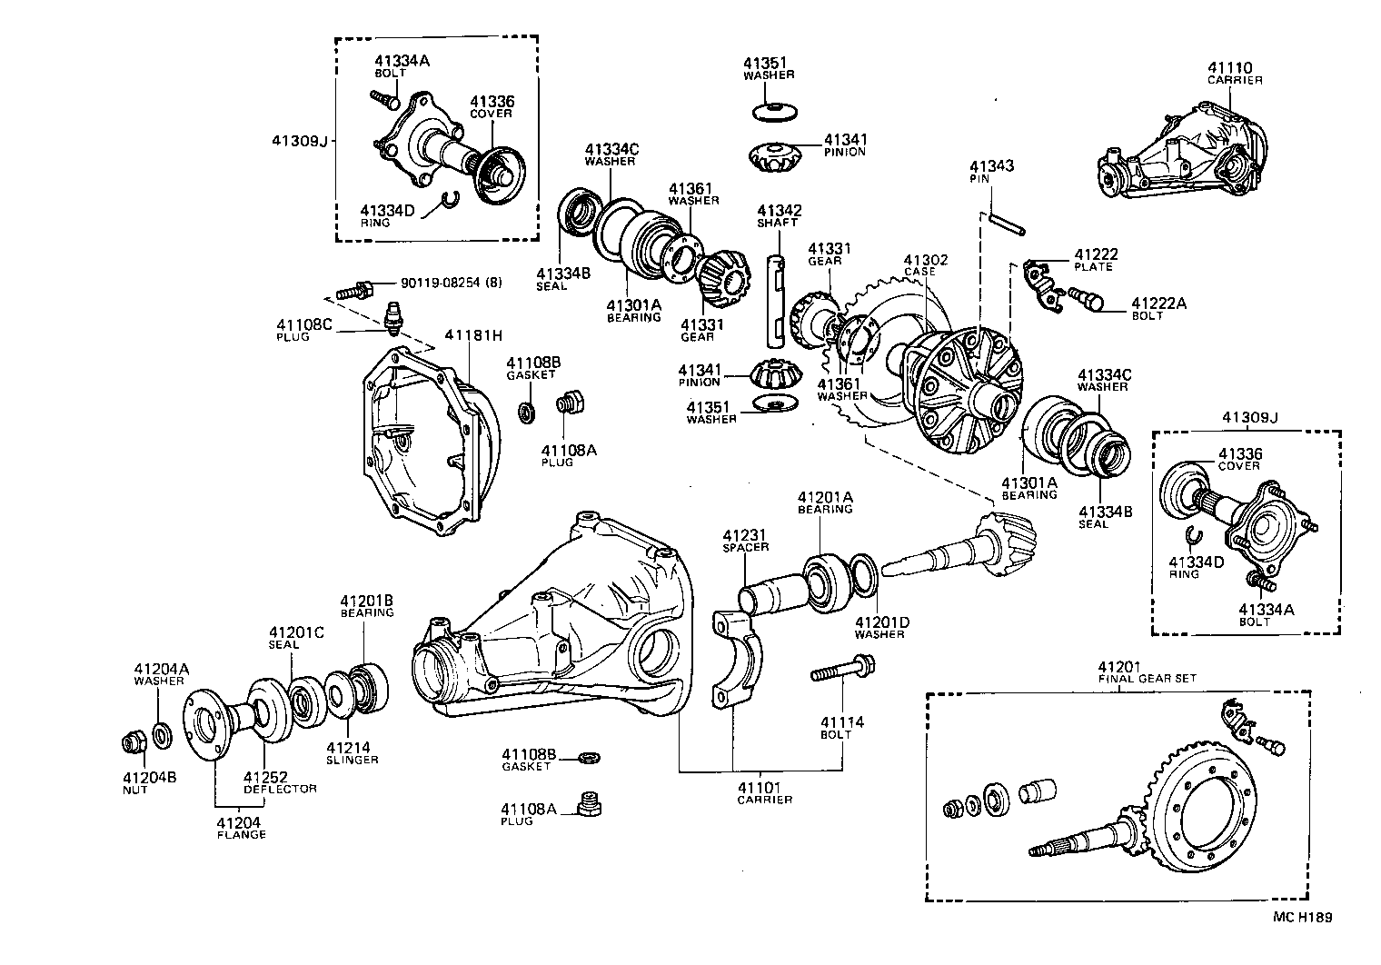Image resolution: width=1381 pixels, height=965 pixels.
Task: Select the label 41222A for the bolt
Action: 1158,303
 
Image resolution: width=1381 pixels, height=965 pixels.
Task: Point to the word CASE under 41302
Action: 925,272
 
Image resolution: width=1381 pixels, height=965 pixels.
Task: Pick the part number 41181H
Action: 473,335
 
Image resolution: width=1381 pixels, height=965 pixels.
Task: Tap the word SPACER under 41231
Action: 746,548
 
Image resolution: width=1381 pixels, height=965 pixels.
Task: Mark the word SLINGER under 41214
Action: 352,760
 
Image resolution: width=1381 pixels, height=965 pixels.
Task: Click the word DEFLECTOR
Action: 280,789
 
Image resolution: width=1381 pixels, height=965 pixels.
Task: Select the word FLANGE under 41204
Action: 241,834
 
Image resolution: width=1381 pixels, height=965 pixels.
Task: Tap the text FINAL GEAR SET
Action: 1147,678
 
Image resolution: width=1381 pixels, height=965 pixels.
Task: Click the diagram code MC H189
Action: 1302,918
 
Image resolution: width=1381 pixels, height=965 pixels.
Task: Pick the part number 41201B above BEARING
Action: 367,601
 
